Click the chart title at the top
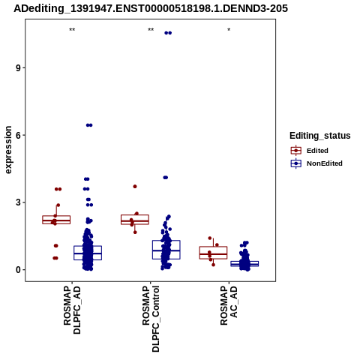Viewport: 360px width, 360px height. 151,8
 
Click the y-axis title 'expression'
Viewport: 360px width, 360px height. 8,150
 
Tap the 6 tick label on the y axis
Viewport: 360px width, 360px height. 18,135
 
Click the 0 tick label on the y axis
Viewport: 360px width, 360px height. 18,270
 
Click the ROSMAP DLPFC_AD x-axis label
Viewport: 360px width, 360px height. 72,310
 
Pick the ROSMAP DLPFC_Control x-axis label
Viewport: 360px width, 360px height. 151,319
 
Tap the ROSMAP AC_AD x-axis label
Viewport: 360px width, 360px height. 229,305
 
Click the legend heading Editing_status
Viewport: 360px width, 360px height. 320,136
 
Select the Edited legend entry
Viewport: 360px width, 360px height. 310,151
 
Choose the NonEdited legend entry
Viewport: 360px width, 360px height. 316,163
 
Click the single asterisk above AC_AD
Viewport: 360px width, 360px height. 229,30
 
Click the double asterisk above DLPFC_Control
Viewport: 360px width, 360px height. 151,30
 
